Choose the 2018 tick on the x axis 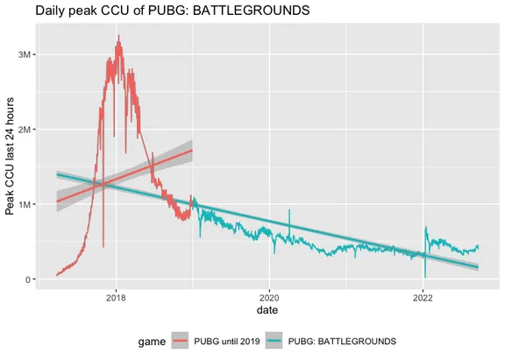[116, 299]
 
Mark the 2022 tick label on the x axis [423, 299]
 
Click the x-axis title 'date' [268, 312]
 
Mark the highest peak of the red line [118, 36]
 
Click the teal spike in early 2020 [288, 210]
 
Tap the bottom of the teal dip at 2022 [424, 277]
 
